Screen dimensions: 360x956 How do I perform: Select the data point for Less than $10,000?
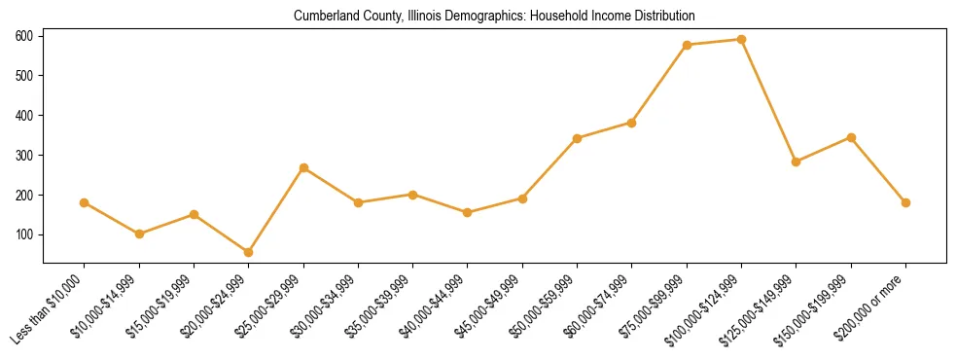(85, 202)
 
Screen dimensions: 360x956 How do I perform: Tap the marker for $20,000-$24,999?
(249, 252)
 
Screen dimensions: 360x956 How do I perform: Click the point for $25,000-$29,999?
(303, 168)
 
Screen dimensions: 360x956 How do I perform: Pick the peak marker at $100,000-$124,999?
(741, 40)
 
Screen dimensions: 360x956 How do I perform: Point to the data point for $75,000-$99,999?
(687, 45)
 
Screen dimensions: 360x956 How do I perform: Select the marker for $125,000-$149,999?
(797, 162)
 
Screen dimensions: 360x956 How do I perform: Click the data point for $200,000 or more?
(905, 202)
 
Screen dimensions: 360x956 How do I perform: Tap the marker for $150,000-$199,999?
(851, 137)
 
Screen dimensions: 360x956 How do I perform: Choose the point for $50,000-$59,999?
(578, 138)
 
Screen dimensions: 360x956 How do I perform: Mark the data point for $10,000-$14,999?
(139, 234)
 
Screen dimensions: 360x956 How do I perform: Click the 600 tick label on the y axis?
(24, 36)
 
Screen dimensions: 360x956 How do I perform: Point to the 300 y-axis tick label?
(24, 155)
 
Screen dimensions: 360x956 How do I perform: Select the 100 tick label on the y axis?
(24, 234)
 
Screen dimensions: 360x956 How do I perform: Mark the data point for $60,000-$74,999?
(632, 123)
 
